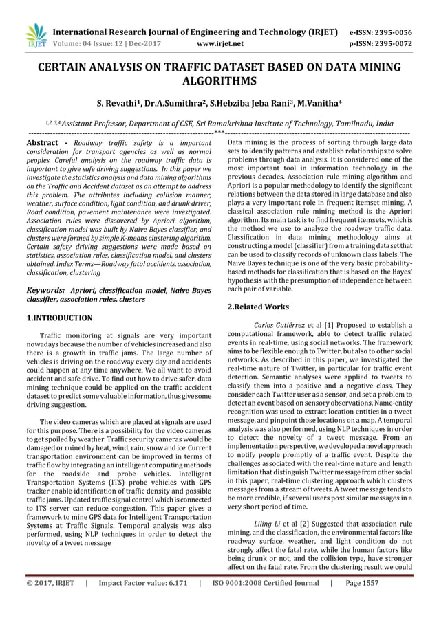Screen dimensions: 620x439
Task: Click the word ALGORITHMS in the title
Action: [219, 80]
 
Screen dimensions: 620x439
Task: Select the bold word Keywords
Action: [46, 291]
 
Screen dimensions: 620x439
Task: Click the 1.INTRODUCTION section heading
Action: [59, 318]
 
